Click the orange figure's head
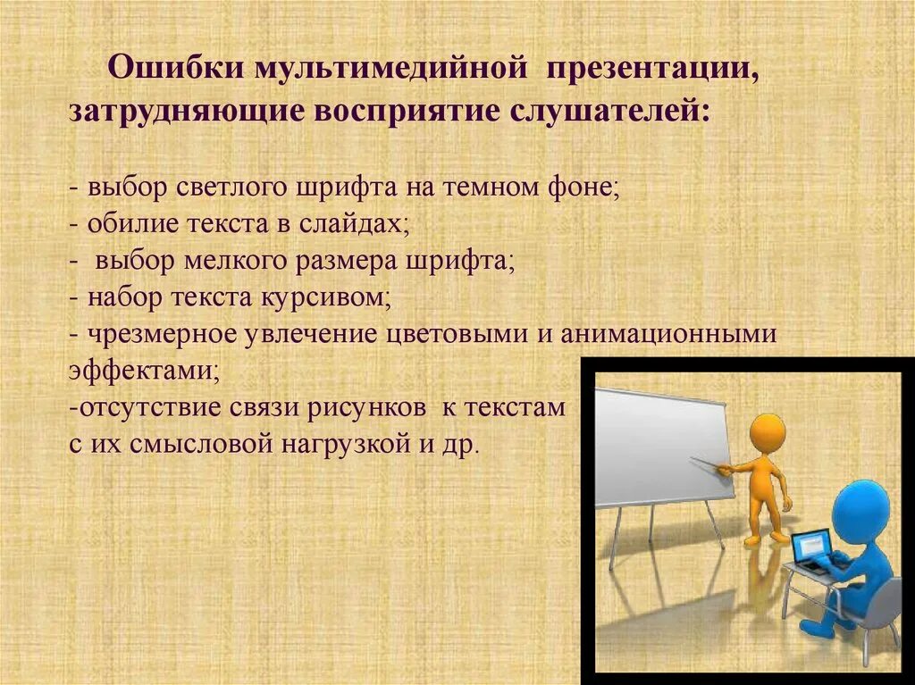click(x=767, y=434)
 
